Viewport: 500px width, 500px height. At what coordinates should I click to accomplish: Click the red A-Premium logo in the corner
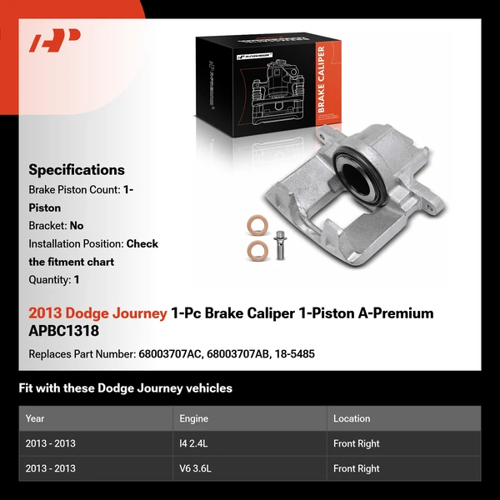[54, 41]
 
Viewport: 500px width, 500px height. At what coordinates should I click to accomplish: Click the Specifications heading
[77, 170]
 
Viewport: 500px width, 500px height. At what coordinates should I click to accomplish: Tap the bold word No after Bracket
[77, 225]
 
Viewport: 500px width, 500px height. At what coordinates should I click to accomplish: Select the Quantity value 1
[77, 280]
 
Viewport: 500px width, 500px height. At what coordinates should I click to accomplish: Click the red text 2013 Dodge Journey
[97, 313]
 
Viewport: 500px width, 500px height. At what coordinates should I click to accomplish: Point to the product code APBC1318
[63, 330]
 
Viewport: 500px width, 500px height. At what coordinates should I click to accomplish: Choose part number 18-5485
[295, 353]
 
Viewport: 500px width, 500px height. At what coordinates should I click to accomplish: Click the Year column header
[35, 418]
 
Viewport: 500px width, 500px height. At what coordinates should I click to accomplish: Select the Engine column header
[193, 418]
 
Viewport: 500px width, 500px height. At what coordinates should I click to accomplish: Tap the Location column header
[352, 418]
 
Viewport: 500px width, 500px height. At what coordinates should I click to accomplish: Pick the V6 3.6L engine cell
[193, 468]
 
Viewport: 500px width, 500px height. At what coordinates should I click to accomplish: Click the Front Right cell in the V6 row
[356, 468]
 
